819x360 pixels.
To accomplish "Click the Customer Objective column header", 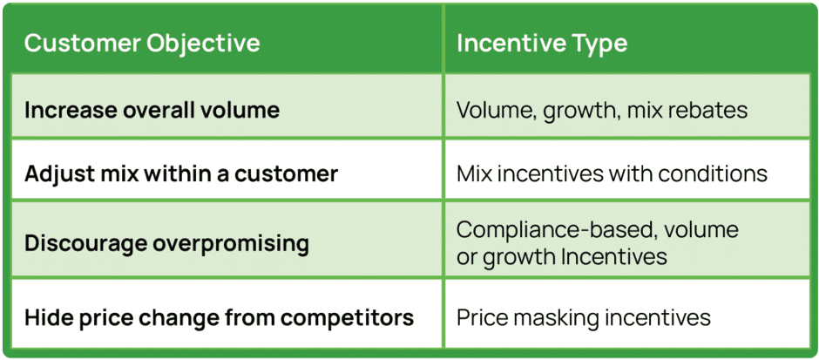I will point(141,44).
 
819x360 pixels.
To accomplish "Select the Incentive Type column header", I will point(541,44).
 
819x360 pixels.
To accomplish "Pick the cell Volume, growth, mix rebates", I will point(602,111).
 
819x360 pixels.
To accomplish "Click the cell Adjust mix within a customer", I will point(180,173).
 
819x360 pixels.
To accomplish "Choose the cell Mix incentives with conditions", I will point(612,173).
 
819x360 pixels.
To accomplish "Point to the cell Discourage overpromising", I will point(166,242).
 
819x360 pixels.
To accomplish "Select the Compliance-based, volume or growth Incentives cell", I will point(597,243).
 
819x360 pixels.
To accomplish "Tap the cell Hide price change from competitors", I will point(219,316).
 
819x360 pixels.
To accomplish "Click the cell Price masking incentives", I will point(583,316).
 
